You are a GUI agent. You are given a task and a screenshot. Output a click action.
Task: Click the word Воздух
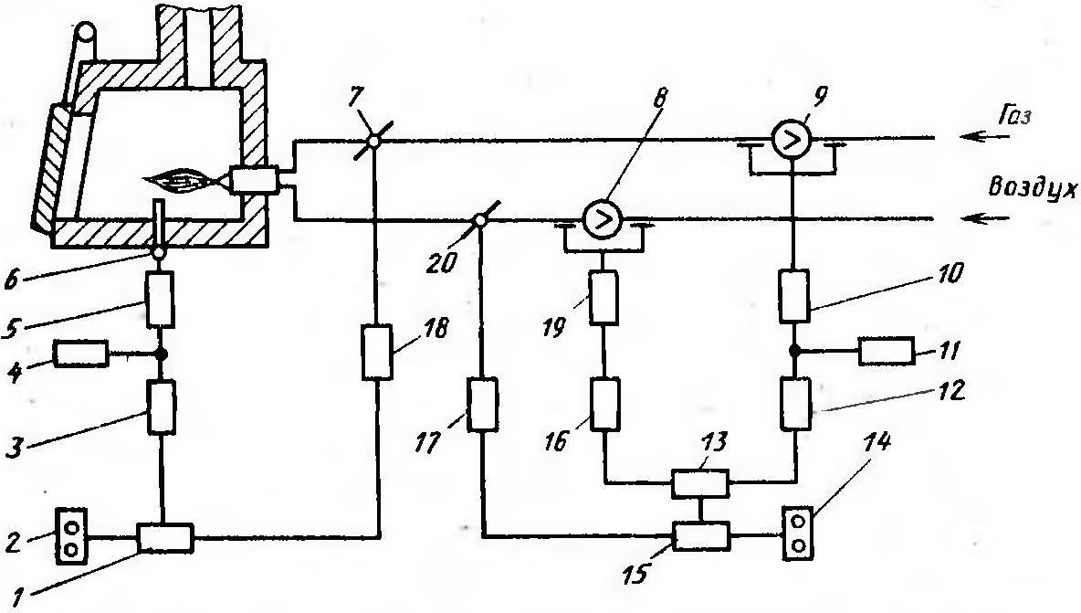coord(1032,188)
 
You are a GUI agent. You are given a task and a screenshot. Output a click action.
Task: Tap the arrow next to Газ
coord(987,136)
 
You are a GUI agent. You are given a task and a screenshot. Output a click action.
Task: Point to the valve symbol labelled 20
coord(478,221)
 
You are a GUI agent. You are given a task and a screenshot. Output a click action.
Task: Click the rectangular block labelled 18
coord(377,353)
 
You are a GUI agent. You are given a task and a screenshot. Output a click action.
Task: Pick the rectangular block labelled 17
coord(483,404)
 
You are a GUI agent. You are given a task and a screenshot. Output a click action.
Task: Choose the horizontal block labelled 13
coord(699,483)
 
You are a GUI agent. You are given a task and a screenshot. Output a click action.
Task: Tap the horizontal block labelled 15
coord(700,535)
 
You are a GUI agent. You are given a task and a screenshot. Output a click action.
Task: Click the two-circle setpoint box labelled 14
coord(798,532)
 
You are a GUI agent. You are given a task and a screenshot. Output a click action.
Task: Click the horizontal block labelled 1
coord(165,538)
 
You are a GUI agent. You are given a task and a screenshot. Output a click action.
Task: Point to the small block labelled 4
coord(81,354)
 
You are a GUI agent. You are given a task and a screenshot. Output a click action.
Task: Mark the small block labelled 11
coord(887,352)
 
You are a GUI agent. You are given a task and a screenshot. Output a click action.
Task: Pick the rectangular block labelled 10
coord(794,296)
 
